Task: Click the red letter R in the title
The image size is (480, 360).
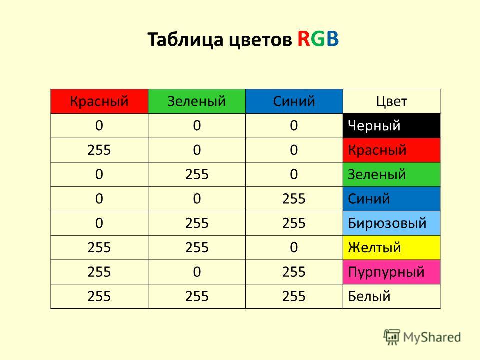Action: tap(304, 39)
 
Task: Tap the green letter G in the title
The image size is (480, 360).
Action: tap(318, 39)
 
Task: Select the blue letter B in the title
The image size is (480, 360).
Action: tap(333, 39)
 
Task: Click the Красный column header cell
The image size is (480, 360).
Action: tap(99, 101)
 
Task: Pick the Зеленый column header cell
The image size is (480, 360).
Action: tap(197, 101)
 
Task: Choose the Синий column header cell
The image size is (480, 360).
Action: tap(294, 101)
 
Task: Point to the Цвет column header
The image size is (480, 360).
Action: tap(392, 101)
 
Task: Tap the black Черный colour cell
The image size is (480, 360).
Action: tap(392, 126)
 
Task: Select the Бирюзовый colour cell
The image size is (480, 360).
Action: tap(392, 223)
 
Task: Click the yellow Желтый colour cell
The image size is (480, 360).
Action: tap(392, 247)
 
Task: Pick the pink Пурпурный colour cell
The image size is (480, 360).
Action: tap(392, 272)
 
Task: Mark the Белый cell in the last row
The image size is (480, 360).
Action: tap(392, 296)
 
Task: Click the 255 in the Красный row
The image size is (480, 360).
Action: tap(99, 150)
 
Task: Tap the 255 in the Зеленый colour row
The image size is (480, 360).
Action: tap(197, 175)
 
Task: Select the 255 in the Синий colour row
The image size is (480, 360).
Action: tap(294, 199)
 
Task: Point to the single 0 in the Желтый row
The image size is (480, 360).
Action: tap(294, 247)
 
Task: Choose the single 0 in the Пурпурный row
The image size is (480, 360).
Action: tap(197, 272)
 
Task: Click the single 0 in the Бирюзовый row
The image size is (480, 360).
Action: tap(99, 223)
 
